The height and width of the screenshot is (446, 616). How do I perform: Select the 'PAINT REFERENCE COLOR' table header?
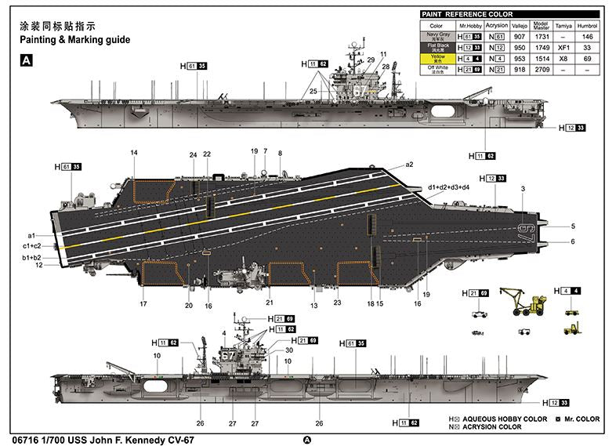467,14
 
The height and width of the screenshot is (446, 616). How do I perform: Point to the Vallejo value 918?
519,69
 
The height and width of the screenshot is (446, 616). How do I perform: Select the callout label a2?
409,165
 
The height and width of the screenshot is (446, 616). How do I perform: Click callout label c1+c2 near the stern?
32,246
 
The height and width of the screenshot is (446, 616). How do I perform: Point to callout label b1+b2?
32,258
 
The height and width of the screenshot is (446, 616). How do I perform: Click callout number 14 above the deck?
134,153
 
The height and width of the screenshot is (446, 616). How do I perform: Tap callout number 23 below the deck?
338,303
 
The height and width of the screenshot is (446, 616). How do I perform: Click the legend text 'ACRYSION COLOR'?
491,427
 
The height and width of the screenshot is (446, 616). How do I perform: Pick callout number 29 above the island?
371,60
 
